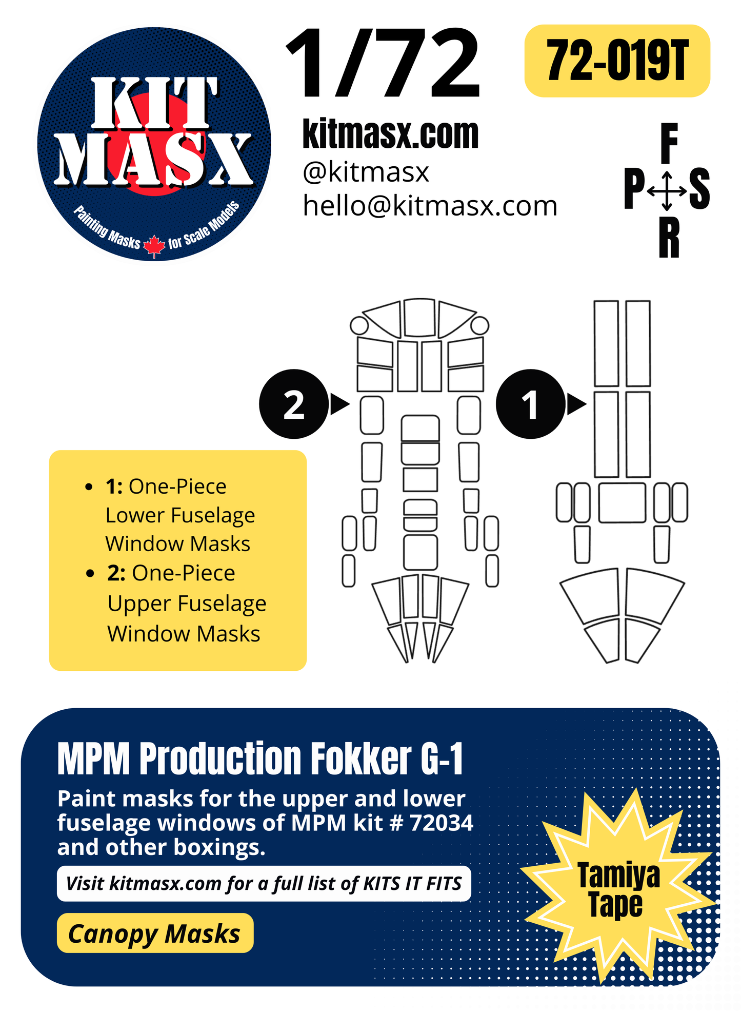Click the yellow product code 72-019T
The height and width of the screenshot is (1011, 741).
617,61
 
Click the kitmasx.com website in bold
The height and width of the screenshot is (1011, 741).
390,134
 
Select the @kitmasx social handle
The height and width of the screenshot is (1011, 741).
366,172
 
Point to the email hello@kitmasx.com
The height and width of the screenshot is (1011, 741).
430,206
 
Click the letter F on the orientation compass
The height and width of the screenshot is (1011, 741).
669,143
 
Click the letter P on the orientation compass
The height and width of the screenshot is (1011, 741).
634,189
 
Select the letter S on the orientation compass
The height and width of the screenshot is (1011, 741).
699,189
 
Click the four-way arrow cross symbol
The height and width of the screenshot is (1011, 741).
667,191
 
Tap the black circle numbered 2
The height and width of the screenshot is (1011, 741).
294,404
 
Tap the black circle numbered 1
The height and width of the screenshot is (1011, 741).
530,404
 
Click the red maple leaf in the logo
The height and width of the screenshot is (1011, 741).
154,246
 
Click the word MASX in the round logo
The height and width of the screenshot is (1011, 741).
154,160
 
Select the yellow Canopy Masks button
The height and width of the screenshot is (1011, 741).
155,933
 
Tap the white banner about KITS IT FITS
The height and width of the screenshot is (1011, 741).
264,883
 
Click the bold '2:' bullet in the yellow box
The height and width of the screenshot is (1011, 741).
116,573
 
